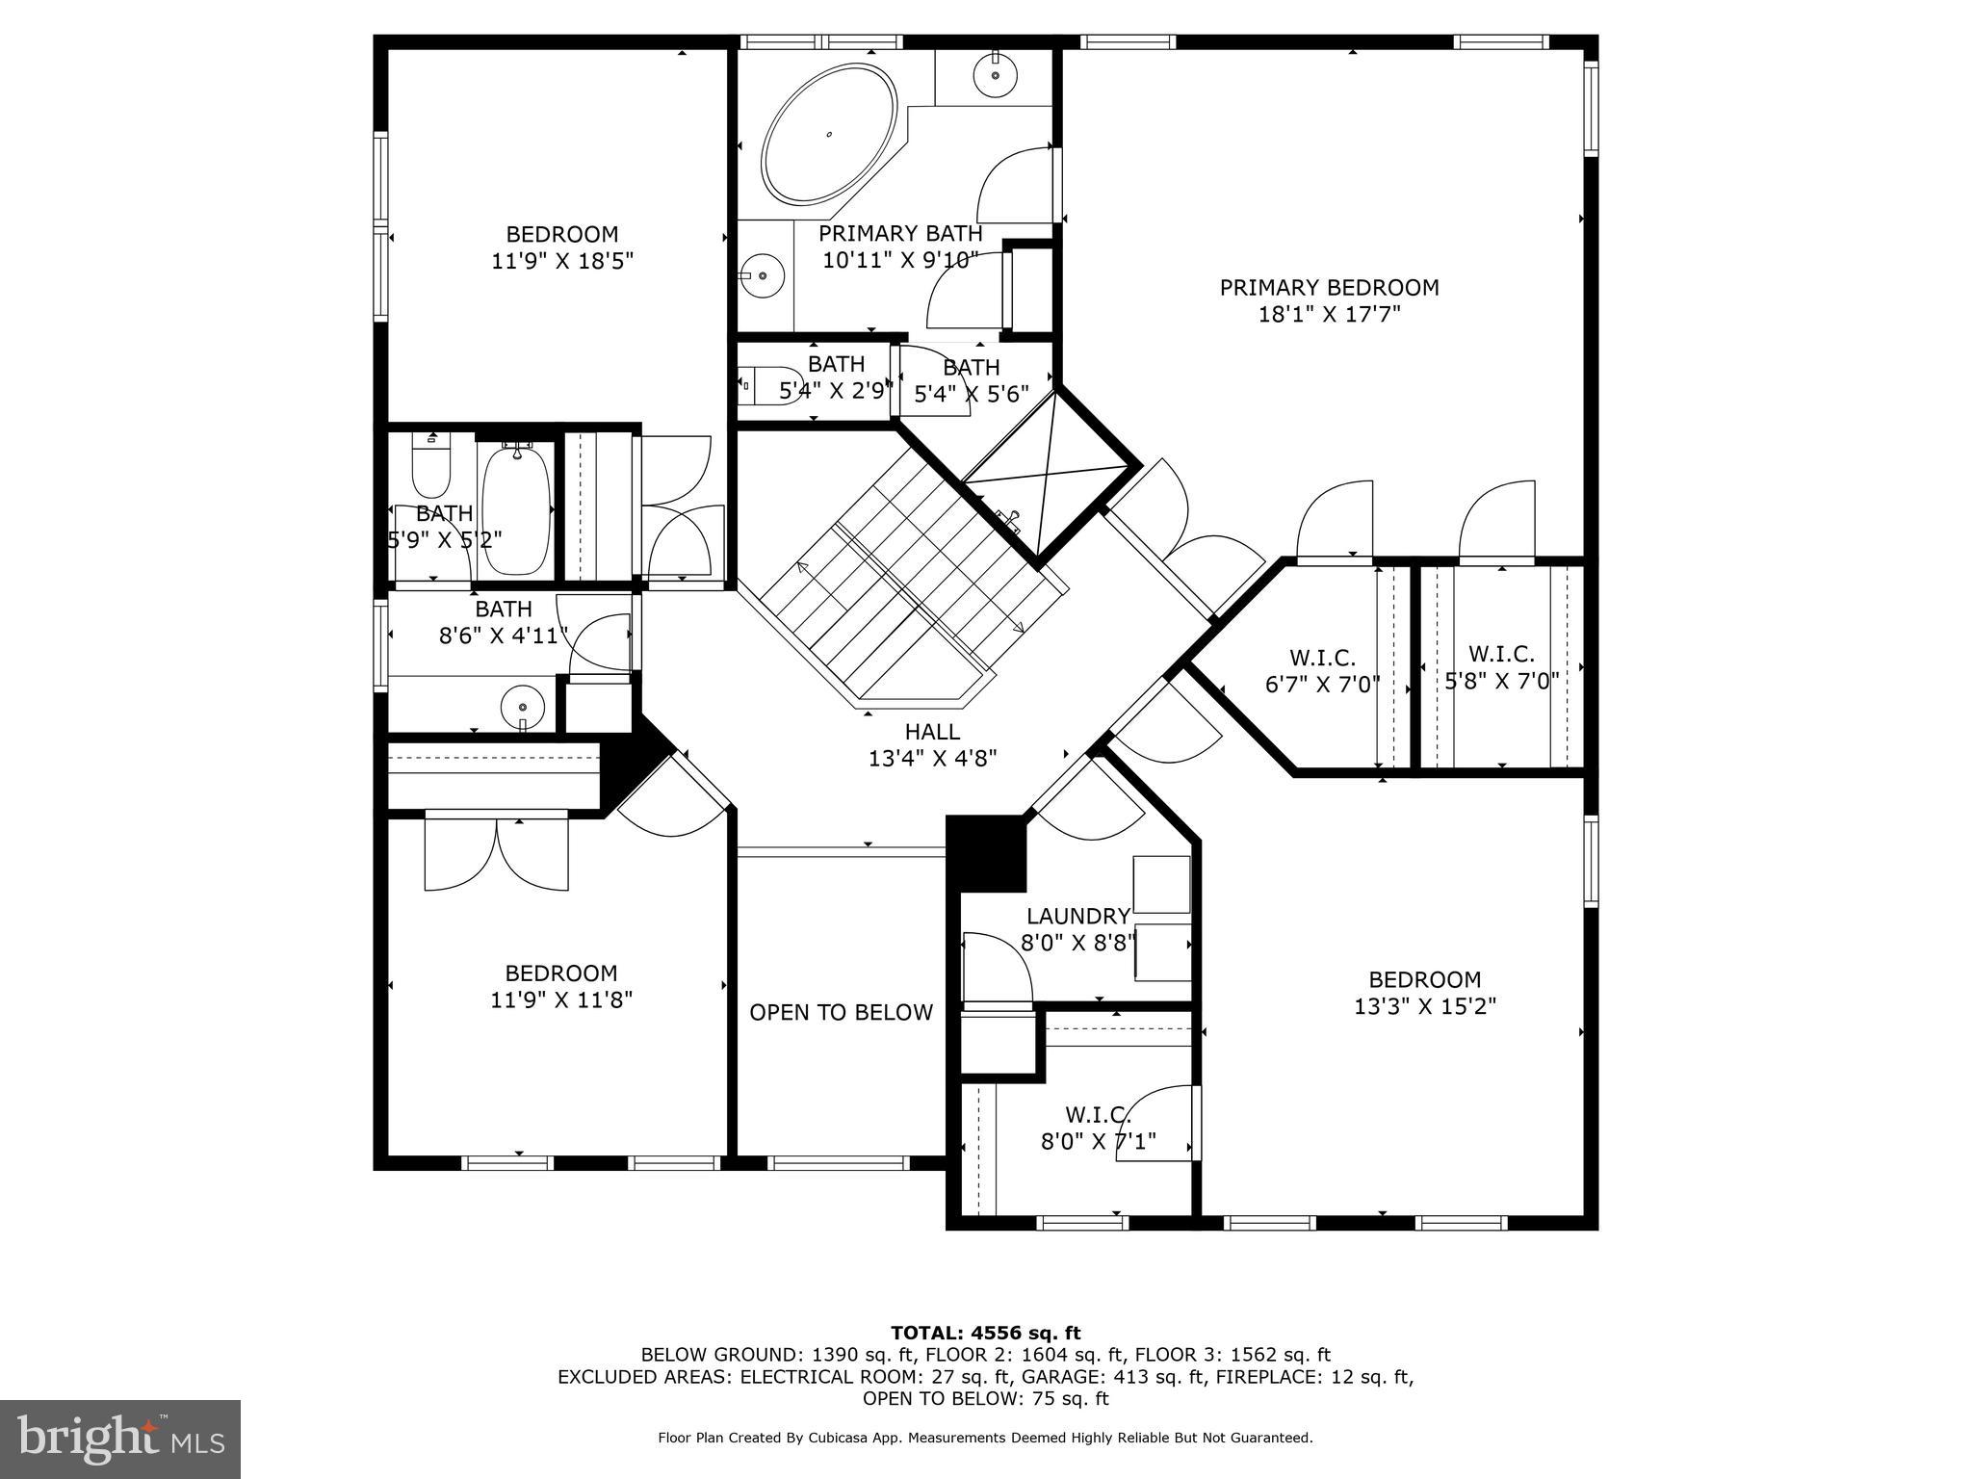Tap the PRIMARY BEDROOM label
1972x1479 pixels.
(1329, 288)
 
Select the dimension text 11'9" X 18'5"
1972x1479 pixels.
(562, 261)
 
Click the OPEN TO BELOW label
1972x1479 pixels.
(841, 1013)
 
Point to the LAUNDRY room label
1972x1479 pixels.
(1077, 917)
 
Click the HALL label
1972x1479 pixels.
(932, 732)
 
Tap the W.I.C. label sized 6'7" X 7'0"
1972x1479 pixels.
(1322, 659)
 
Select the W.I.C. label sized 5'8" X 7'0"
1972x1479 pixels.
(1501, 655)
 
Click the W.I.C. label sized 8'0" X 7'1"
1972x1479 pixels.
(1097, 1115)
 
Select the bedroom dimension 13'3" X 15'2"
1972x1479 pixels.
(1424, 1007)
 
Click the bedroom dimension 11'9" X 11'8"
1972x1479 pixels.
(561, 1000)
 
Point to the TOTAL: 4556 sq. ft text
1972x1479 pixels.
(985, 1334)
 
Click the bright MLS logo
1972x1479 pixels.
(120, 1440)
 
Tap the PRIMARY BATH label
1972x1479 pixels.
(900, 234)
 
